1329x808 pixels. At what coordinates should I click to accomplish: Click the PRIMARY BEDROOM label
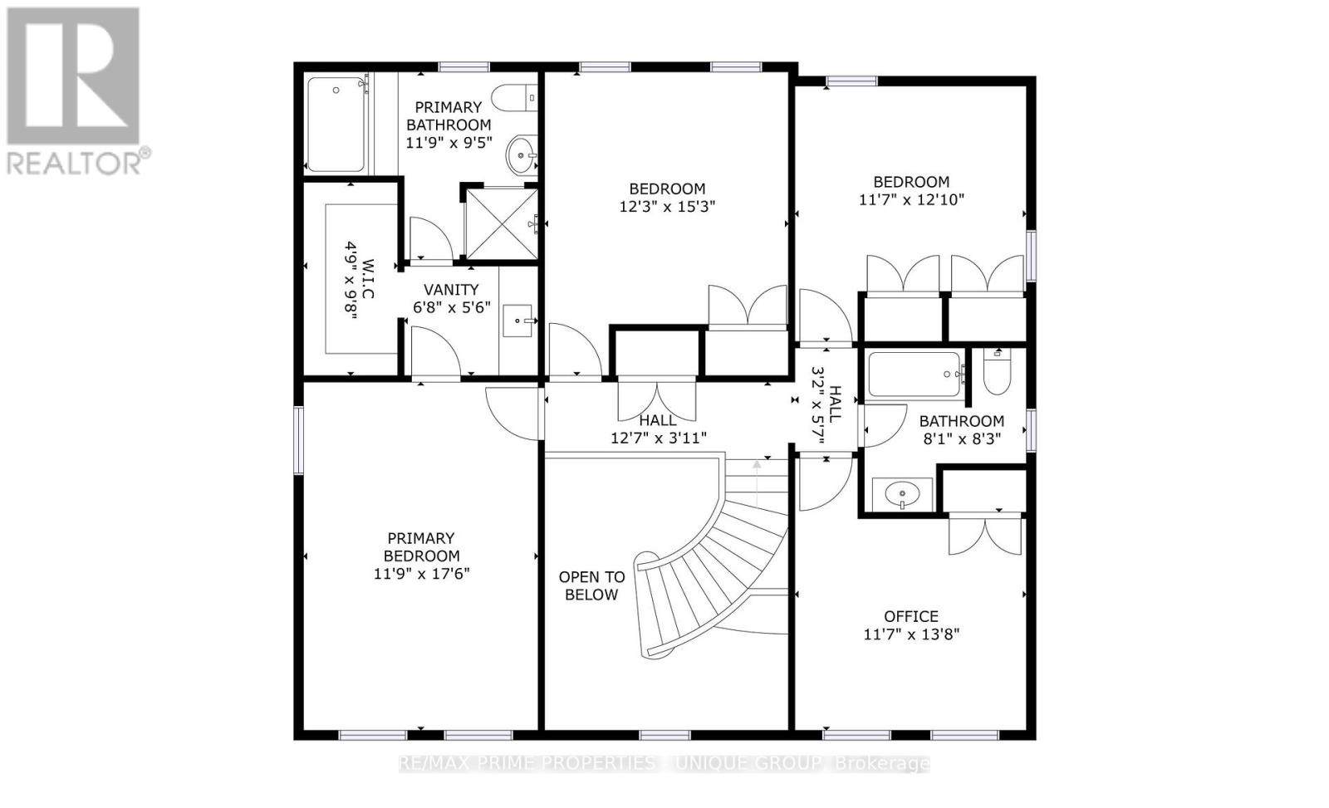coord(421,546)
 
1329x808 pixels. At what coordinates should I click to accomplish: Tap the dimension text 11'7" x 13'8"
coord(911,634)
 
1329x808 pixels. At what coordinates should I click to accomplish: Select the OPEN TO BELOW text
coord(591,585)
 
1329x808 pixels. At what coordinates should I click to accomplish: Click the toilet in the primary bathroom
coord(514,99)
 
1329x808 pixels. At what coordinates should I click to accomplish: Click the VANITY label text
coord(451,290)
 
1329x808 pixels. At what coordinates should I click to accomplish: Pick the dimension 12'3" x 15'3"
coord(667,207)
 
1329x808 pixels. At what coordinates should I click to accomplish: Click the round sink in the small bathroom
coord(901,496)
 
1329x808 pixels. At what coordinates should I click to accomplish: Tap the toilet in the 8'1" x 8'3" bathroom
coord(996,373)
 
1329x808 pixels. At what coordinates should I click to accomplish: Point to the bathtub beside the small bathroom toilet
coord(915,375)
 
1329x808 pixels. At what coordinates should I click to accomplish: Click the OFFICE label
coord(911,616)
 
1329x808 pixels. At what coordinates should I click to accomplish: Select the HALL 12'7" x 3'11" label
coord(658,429)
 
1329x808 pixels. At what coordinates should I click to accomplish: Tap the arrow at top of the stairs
coord(757,477)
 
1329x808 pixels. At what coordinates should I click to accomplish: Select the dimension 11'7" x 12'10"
coord(911,199)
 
